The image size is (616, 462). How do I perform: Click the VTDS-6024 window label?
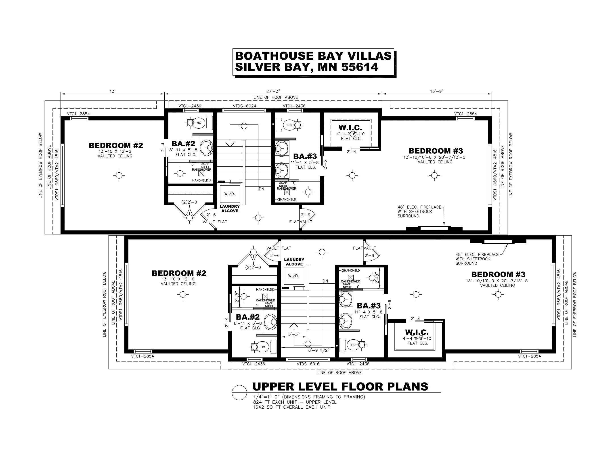pyautogui.click(x=244, y=106)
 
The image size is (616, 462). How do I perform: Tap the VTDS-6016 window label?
pyautogui.click(x=308, y=364)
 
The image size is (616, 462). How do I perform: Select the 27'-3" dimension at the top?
pyautogui.click(x=273, y=91)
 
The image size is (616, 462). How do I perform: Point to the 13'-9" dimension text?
pyautogui.click(x=436, y=91)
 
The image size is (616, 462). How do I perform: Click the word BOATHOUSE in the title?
pyautogui.click(x=274, y=56)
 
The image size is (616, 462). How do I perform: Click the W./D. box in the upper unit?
pyautogui.click(x=230, y=194)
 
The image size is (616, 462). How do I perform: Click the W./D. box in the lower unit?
pyautogui.click(x=293, y=276)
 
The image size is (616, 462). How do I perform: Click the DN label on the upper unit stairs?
pyautogui.click(x=261, y=189)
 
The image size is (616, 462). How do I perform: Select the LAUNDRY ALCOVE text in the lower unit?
pyautogui.click(x=294, y=262)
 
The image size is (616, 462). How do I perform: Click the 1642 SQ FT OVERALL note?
pyautogui.click(x=291, y=407)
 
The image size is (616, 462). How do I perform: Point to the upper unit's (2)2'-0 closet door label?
pyautogui.click(x=189, y=202)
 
